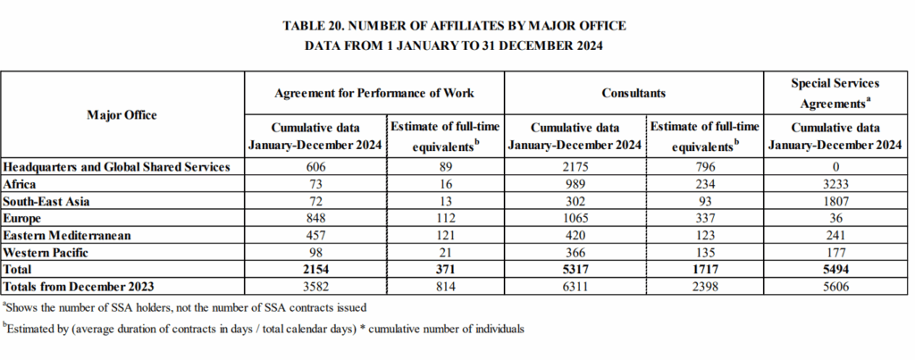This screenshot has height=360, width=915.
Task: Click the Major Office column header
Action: (x=122, y=115)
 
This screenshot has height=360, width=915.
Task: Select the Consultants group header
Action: (x=634, y=93)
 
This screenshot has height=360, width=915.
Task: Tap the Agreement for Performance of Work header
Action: (x=374, y=93)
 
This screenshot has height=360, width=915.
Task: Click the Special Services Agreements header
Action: (x=835, y=94)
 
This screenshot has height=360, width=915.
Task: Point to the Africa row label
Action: (x=20, y=184)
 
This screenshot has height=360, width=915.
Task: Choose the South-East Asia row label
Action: (x=46, y=201)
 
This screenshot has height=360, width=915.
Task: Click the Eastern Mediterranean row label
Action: (x=66, y=236)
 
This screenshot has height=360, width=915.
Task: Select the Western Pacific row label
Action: (x=46, y=253)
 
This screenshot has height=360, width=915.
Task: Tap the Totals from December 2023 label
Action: (x=79, y=287)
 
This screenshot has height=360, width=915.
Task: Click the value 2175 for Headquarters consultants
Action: (x=575, y=167)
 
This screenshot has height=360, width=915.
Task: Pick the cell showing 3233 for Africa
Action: (x=835, y=184)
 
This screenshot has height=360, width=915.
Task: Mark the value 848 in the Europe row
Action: (x=315, y=218)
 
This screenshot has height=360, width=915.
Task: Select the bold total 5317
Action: (x=575, y=270)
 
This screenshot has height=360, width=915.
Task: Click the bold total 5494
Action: (x=835, y=270)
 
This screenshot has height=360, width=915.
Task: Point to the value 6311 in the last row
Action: (x=575, y=287)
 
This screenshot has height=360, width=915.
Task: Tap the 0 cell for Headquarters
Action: (x=835, y=167)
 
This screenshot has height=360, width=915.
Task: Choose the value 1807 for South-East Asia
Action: (x=835, y=201)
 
